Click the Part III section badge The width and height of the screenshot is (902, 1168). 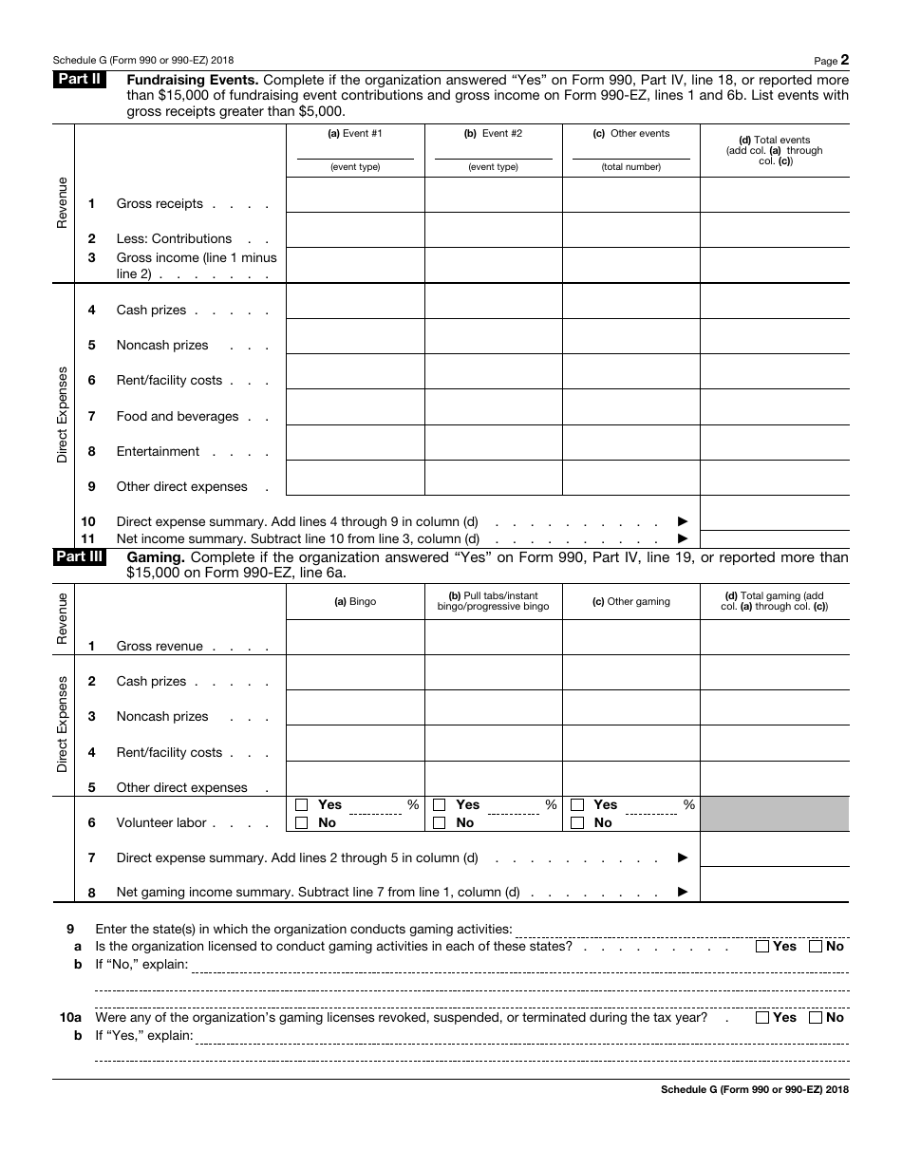(x=80, y=557)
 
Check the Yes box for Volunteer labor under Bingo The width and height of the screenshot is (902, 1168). (x=302, y=805)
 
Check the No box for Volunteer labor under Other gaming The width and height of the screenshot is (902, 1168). (x=577, y=823)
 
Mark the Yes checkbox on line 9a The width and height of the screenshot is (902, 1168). (x=762, y=947)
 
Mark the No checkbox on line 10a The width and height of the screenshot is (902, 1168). (x=815, y=1018)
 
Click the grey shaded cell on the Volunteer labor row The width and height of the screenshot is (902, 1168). (x=774, y=814)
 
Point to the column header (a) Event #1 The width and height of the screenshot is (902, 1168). (x=355, y=134)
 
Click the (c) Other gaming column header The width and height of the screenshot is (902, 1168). (x=630, y=601)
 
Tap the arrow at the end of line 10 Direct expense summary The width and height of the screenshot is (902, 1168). (x=682, y=522)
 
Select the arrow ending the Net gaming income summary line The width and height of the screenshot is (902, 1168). (x=682, y=893)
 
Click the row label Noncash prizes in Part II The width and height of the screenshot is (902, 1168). (x=162, y=346)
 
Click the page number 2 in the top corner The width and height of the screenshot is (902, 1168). (x=844, y=59)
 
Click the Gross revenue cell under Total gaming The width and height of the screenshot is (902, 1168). (x=774, y=637)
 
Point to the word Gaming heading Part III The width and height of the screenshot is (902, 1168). (x=156, y=558)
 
